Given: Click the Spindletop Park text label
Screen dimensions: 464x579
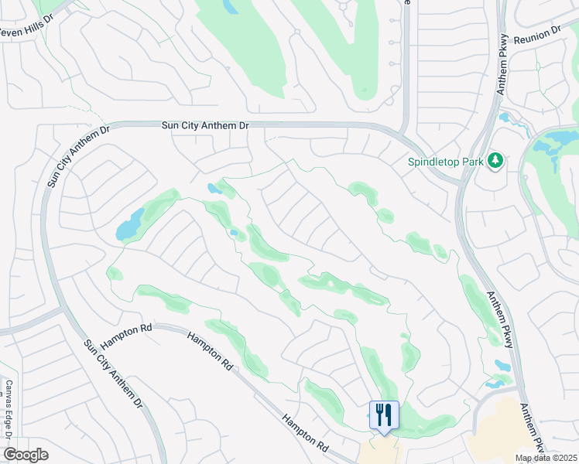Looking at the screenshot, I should tap(446, 162).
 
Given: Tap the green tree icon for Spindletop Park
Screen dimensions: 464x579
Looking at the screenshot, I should tap(495, 161).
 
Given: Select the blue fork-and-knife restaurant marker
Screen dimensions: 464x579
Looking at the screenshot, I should tap(384, 415).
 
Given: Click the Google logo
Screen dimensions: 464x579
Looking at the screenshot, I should tap(26, 455).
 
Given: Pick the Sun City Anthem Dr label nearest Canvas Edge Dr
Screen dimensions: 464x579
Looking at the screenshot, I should tap(113, 374).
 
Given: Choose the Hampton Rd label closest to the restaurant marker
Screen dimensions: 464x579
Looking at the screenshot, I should tap(304, 432).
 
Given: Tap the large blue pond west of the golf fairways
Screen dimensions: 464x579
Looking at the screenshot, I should tap(129, 226).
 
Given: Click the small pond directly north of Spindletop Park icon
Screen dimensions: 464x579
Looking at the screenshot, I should tap(505, 119).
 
